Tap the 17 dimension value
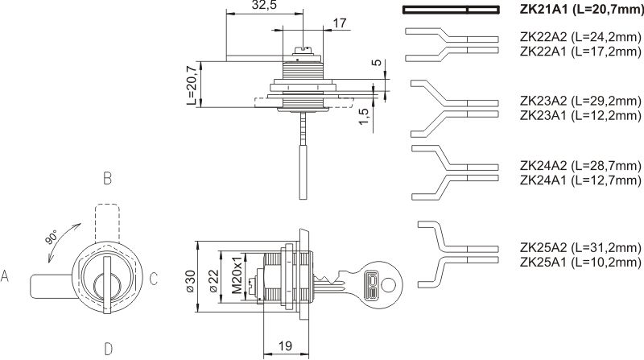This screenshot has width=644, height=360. tap(339, 23)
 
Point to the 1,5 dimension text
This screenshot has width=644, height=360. tap(364, 118)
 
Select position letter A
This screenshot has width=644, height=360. tap(5, 278)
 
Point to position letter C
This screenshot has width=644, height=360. tap(153, 279)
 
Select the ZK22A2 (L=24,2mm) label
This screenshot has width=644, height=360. tap(580, 37)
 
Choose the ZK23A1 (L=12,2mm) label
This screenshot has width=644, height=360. tap(580, 115)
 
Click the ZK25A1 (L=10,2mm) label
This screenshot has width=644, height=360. tap(580, 262)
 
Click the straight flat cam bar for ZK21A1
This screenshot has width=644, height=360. tap(451, 10)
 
